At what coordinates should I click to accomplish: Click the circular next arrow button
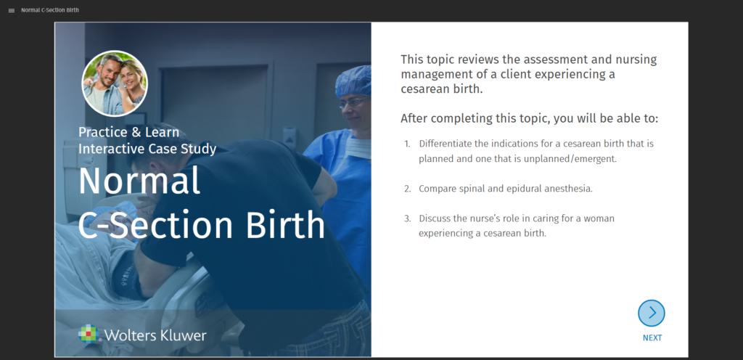tap(652, 313)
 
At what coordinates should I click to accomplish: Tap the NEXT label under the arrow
tap(652, 337)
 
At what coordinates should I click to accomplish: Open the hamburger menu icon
tap(12, 10)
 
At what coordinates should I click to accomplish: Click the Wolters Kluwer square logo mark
tap(89, 333)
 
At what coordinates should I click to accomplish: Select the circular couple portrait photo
tap(115, 83)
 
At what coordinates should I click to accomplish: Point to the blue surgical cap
tap(353, 81)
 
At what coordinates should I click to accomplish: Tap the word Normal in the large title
tap(139, 181)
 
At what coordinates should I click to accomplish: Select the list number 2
tap(407, 189)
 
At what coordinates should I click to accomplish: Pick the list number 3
tap(407, 219)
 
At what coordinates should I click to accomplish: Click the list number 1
tap(407, 144)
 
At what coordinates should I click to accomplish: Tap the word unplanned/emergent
tap(570, 159)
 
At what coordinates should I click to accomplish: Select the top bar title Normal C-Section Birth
tap(50, 10)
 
